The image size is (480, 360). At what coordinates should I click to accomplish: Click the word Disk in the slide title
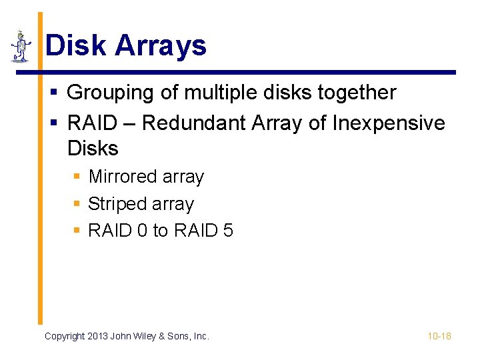coord(75,46)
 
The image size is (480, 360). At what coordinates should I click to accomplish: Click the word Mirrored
coord(121,177)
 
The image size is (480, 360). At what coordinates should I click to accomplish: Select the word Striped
coord(115,204)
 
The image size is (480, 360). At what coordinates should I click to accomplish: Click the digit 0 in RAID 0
coord(141,231)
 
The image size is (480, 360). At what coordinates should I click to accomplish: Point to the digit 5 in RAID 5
coord(228,231)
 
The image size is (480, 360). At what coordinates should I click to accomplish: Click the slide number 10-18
coord(439,336)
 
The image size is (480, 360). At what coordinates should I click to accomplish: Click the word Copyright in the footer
coord(65,336)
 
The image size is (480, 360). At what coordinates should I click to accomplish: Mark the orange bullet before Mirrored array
coord(77,177)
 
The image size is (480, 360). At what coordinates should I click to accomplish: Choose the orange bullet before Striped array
coord(77,204)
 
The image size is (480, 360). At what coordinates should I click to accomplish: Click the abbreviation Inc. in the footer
coord(201,336)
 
